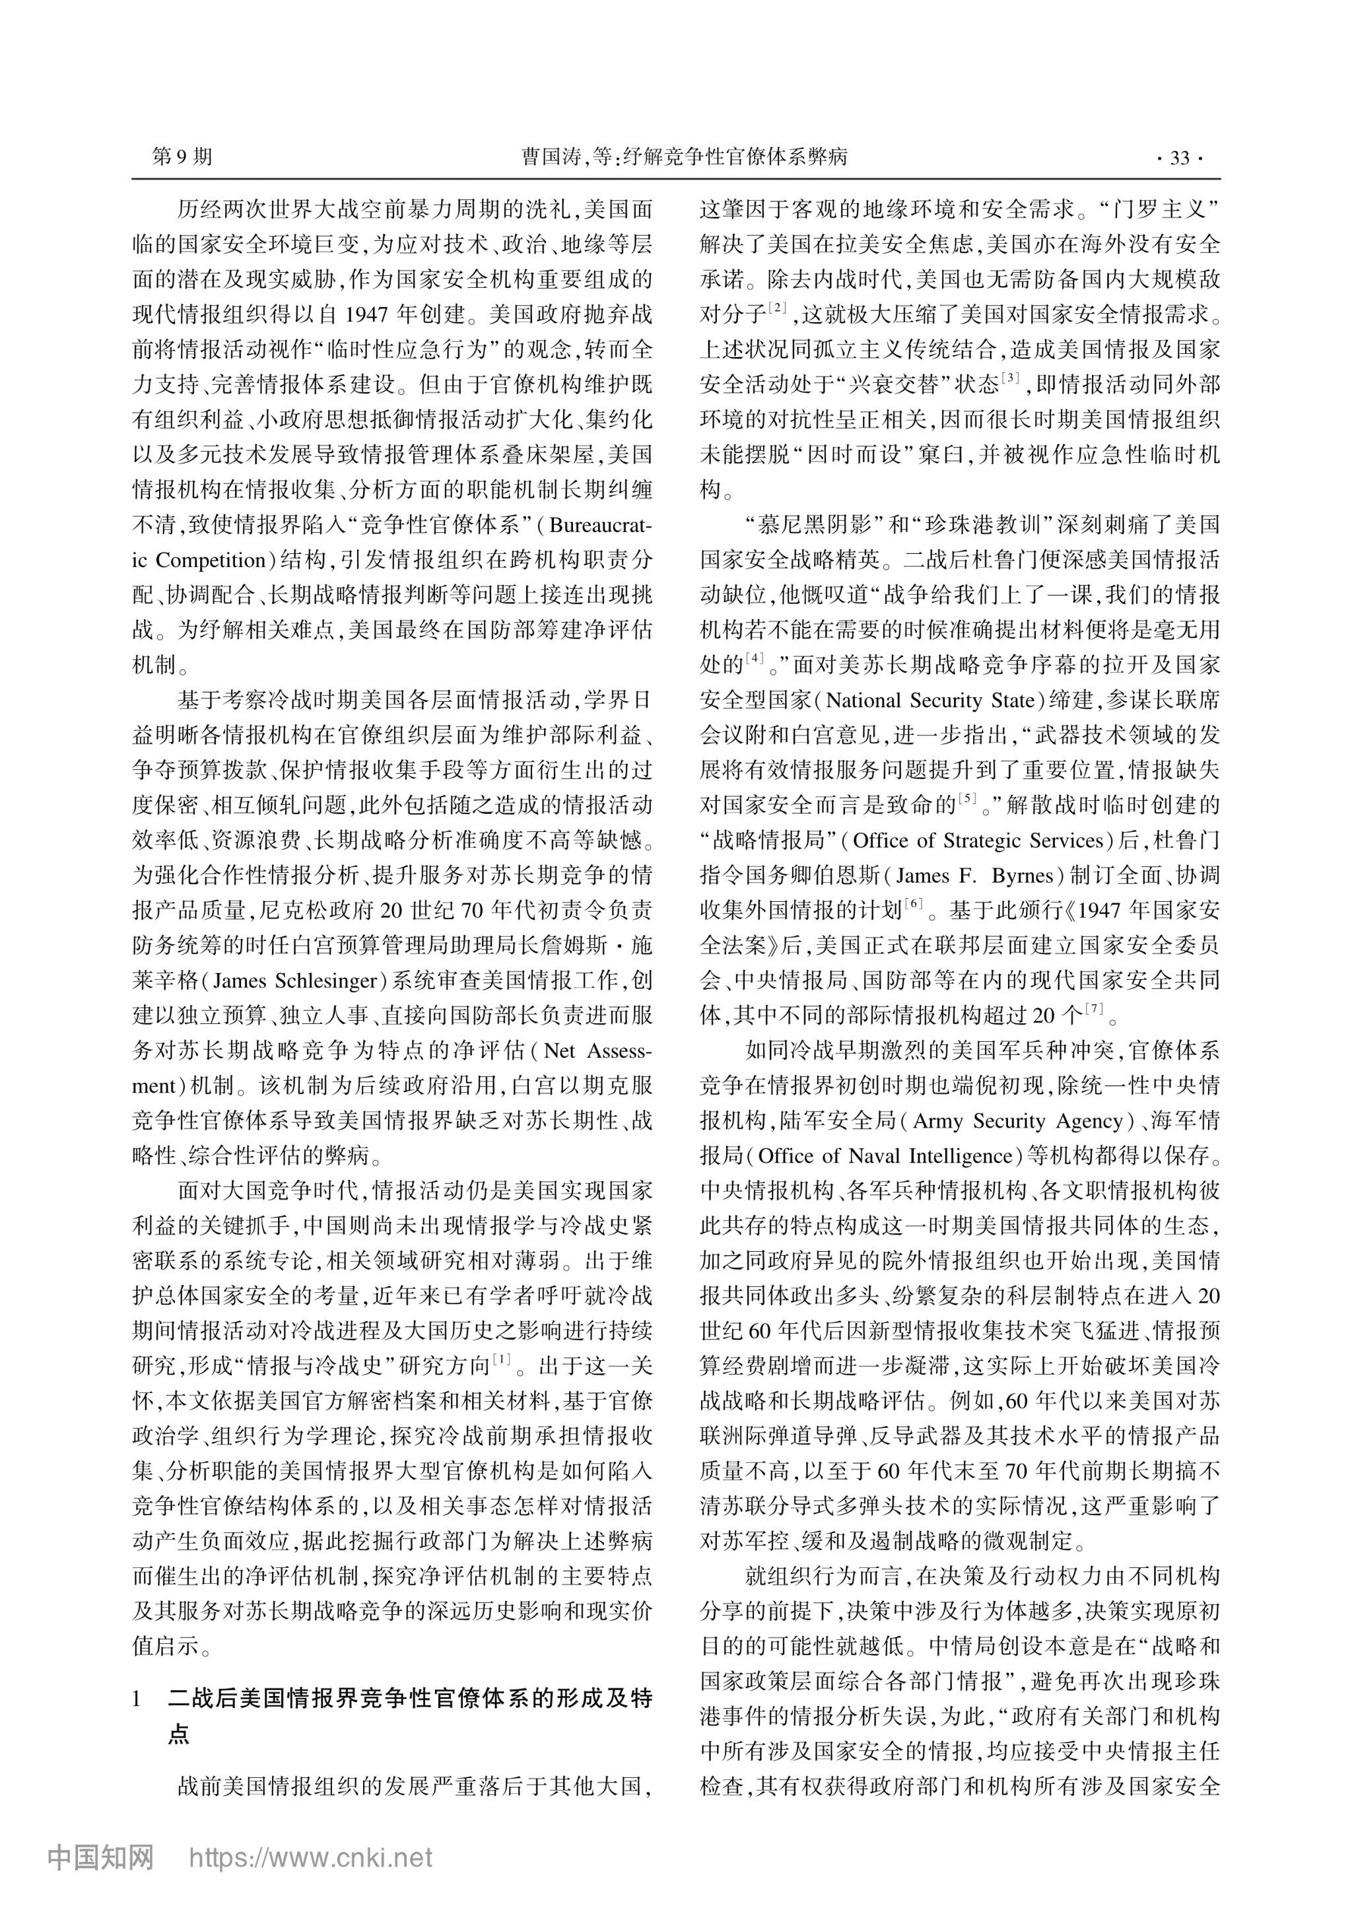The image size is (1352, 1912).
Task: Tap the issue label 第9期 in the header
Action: click(x=182, y=156)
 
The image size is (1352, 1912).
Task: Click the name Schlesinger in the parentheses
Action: click(x=326, y=981)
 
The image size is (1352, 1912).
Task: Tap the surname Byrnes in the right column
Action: click(x=1023, y=876)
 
